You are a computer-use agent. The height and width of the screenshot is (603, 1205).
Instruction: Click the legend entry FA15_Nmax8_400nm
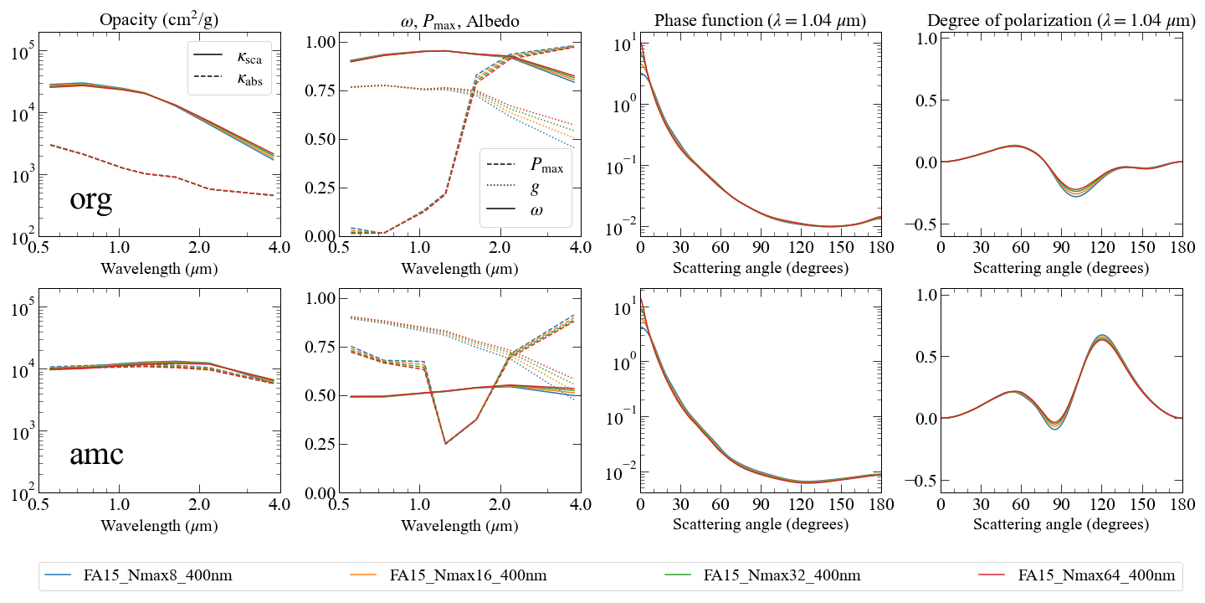(x=138, y=575)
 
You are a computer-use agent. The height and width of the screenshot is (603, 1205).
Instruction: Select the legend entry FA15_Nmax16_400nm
(x=449, y=575)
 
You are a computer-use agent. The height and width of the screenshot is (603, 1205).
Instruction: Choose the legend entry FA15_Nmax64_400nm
(x=1077, y=575)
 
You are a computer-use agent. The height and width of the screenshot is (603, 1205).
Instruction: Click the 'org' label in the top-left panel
(x=91, y=199)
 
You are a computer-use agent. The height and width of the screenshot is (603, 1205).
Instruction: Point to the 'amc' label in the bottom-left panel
(x=96, y=454)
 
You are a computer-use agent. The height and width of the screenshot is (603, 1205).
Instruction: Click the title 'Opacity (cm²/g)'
(x=159, y=19)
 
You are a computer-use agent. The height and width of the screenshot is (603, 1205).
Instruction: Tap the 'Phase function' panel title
(x=760, y=20)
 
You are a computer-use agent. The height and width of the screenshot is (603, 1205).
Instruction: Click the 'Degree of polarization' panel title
(x=1061, y=20)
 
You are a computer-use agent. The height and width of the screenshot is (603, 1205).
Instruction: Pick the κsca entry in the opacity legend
(x=228, y=55)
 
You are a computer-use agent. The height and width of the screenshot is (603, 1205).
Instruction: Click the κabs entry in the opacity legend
(x=228, y=77)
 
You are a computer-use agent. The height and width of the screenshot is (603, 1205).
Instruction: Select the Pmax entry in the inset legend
(x=525, y=165)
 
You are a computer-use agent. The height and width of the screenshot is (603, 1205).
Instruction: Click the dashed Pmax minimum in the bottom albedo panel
(x=446, y=444)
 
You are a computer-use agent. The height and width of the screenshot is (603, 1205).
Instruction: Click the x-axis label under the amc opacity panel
(x=159, y=525)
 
